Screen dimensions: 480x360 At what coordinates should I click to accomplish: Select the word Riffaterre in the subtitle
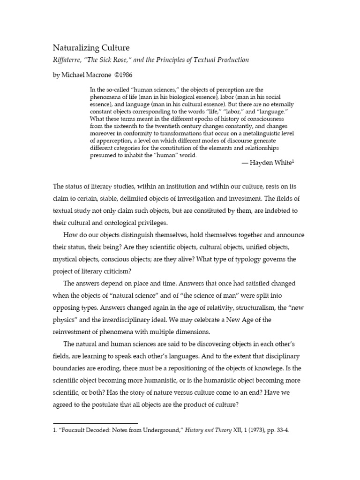click(69, 60)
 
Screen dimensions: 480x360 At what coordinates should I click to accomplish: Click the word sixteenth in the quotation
click(129, 126)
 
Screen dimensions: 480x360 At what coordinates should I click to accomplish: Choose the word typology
click(240, 259)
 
